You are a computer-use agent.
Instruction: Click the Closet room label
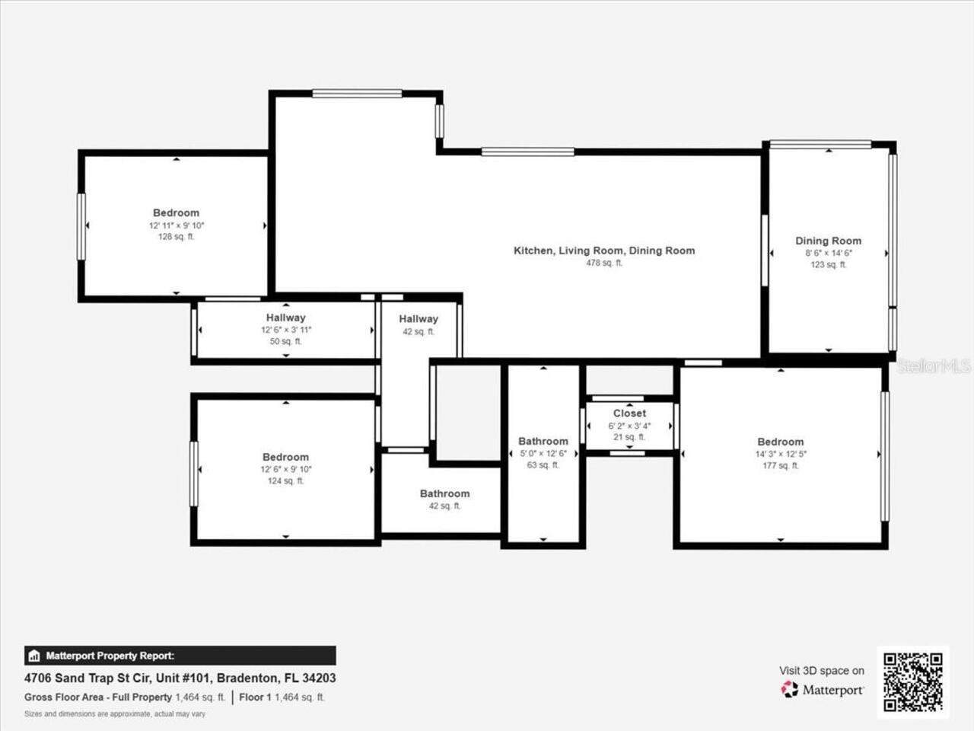tap(629, 413)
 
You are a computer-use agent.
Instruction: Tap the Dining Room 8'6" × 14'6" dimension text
tap(829, 253)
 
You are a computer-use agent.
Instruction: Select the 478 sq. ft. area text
tap(604, 263)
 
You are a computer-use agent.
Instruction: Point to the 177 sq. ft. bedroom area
tap(780, 465)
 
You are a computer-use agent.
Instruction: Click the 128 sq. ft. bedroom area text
tap(176, 237)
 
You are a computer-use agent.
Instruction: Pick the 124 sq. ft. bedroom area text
tap(285, 481)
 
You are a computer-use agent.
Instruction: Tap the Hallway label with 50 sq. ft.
tap(285, 318)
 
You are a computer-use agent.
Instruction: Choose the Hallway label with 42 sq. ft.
tap(419, 319)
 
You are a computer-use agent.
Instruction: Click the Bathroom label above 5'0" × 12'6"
tap(543, 441)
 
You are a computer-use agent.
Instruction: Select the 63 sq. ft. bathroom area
tap(543, 465)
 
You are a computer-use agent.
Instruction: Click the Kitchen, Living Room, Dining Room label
tap(604, 251)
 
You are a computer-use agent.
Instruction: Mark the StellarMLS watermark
tap(934, 366)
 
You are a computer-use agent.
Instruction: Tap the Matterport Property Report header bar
tap(180, 656)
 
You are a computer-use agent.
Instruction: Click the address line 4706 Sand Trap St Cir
tap(180, 678)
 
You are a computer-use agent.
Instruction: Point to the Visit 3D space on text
tap(822, 671)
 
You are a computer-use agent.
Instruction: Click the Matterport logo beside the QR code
tap(823, 690)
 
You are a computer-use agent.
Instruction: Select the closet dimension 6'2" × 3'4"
tap(629, 426)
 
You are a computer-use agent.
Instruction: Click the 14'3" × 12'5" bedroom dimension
tap(780, 454)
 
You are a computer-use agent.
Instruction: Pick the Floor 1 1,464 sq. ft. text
tap(282, 697)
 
